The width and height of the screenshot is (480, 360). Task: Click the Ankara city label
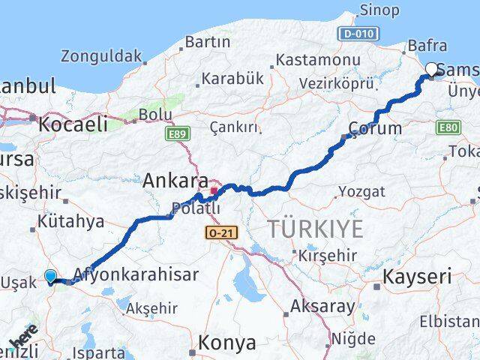pos(175,181)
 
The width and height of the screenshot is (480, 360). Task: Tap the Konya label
pos(227,343)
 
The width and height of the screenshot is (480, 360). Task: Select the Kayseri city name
pos(418,277)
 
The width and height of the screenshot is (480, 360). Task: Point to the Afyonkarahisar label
pos(136,274)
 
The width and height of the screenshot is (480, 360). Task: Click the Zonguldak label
pos(101,55)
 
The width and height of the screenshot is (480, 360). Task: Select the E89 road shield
pos(175,133)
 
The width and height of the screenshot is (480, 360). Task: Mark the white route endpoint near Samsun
pos(431,70)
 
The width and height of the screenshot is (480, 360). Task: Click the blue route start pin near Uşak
pos(50,276)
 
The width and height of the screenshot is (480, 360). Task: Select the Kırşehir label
pos(328,255)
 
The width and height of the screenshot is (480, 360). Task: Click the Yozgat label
pos(361,191)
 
